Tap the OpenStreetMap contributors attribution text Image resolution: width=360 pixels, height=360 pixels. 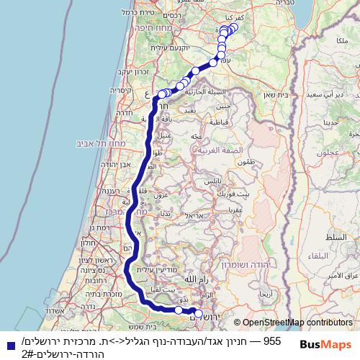[x=296, y=323]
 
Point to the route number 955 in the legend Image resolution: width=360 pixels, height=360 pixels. [x=272, y=340]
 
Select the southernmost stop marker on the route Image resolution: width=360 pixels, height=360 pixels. [x=199, y=313]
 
